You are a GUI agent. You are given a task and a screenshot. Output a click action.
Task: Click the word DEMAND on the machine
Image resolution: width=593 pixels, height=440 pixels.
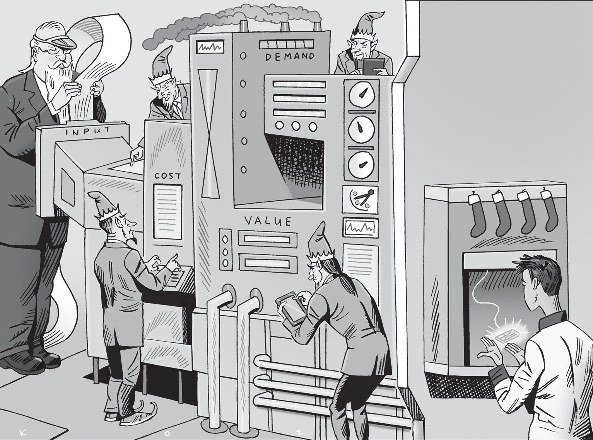(x=290, y=57)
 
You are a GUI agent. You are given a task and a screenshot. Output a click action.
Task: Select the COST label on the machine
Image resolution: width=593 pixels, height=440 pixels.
(x=167, y=176)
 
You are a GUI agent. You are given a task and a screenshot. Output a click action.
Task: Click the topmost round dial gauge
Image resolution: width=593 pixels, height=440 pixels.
(x=361, y=94)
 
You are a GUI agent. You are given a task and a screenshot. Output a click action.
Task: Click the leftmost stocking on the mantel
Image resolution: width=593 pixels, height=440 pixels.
(x=478, y=214)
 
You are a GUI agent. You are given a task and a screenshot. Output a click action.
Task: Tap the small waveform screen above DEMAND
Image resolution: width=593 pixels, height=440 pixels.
(x=210, y=48)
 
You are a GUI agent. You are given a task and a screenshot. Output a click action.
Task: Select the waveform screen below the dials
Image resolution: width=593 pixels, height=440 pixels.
(x=361, y=228)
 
